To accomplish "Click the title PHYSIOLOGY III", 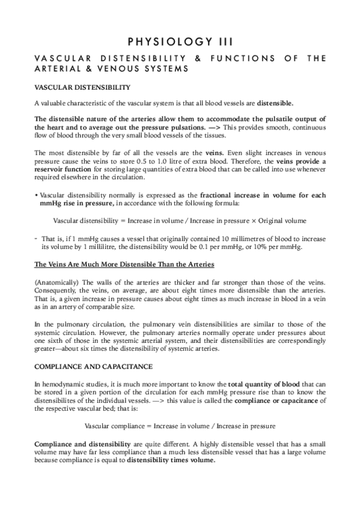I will pyautogui.click(x=180, y=41).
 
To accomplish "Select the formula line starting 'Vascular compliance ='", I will pyautogui.click(x=180, y=425).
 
